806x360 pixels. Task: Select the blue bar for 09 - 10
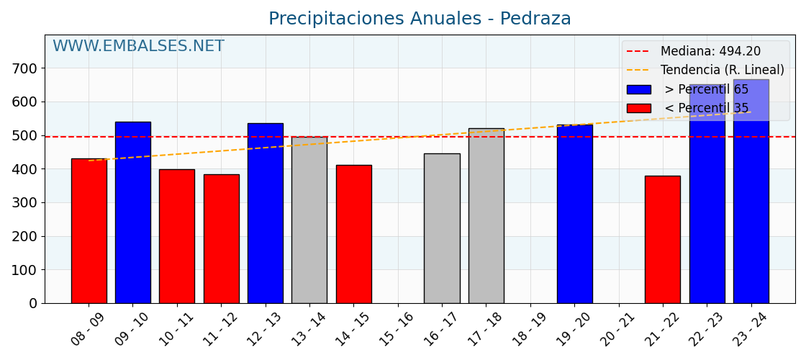click(x=133, y=212)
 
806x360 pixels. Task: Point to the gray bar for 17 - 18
click(x=486, y=216)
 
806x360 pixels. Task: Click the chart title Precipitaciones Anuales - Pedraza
click(x=420, y=19)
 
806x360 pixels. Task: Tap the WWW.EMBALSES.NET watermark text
click(x=138, y=47)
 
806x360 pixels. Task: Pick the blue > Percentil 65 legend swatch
click(x=638, y=89)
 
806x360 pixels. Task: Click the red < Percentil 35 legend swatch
click(x=638, y=108)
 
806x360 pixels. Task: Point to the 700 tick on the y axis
click(x=27, y=68)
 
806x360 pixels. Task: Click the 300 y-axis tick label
click(x=27, y=203)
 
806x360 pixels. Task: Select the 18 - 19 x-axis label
click(x=530, y=330)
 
